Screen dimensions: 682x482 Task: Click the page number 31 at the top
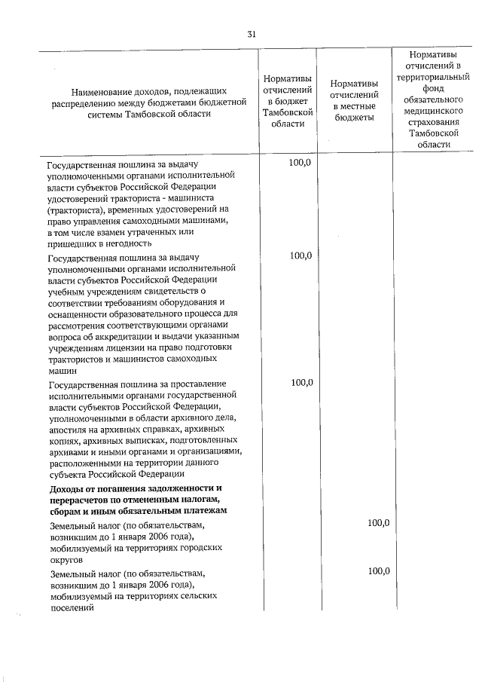[x=252, y=34]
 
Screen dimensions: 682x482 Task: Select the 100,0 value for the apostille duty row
[x=301, y=382]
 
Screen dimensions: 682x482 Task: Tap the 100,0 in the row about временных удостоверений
[x=301, y=162]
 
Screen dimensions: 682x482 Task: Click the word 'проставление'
[x=206, y=383]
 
